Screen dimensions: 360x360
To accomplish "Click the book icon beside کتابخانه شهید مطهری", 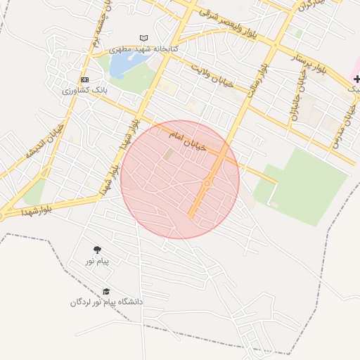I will (x=144, y=38).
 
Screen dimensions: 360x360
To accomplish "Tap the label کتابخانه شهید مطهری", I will (x=144, y=50).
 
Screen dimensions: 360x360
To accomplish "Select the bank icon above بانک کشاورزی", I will (x=84, y=79).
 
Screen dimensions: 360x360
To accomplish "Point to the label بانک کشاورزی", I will (x=84, y=90).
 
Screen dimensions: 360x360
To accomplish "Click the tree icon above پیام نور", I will (x=97, y=250).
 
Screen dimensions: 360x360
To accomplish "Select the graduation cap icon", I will (x=106, y=291).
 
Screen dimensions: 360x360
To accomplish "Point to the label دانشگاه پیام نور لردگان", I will (x=106, y=302).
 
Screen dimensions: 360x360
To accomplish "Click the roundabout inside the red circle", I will (x=207, y=184).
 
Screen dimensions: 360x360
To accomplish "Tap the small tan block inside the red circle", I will (x=168, y=153).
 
